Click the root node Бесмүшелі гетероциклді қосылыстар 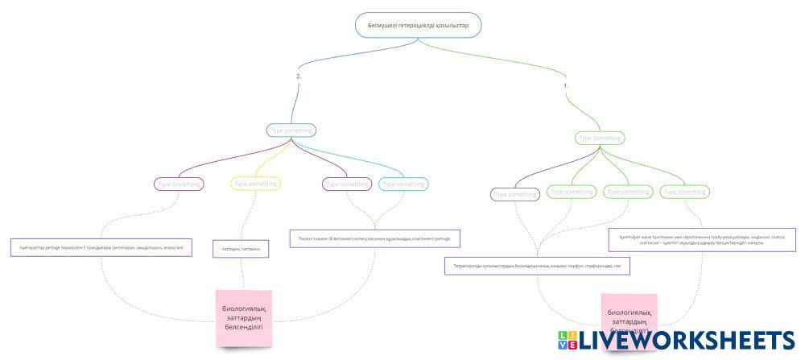click(x=418, y=26)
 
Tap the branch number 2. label click(x=299, y=76)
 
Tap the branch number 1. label click(x=566, y=85)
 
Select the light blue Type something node click(x=291, y=130)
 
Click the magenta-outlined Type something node click(x=179, y=184)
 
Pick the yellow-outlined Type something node click(x=256, y=184)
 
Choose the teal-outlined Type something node click(x=403, y=184)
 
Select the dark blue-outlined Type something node click(x=515, y=194)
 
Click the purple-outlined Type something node click(x=346, y=184)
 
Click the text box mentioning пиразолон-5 click(x=101, y=247)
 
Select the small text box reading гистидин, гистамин click(x=240, y=250)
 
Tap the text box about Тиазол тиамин click(x=375, y=238)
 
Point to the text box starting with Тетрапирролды click(x=536, y=266)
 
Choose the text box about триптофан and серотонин click(x=691, y=240)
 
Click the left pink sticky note click(x=243, y=318)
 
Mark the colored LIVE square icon click(x=567, y=340)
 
